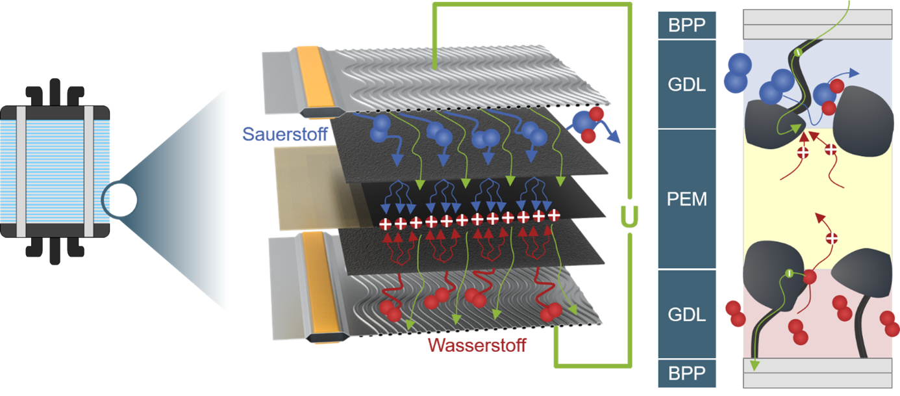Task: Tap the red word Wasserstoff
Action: pyautogui.click(x=477, y=344)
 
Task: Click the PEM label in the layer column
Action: pyautogui.click(x=687, y=198)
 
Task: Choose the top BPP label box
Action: pyautogui.click(x=687, y=25)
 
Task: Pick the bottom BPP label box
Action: pyautogui.click(x=687, y=374)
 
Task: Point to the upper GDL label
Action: pyautogui.click(x=687, y=84)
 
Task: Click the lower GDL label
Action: pyautogui.click(x=687, y=314)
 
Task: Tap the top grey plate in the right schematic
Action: pyautogui.click(x=817, y=25)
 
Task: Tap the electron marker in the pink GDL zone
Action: pyautogui.click(x=788, y=272)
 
